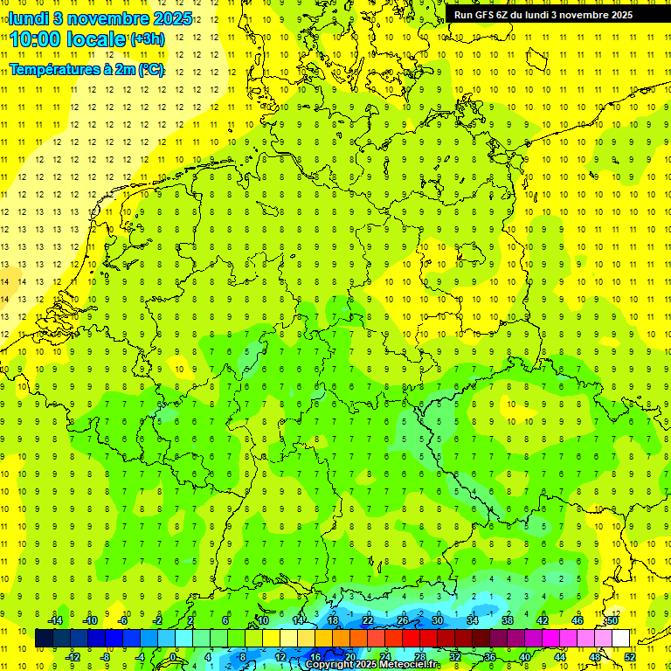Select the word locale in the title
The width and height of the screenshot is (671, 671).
[x=101, y=39]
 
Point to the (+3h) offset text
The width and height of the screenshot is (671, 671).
[x=147, y=39]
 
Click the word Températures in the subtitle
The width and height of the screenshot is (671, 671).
[x=54, y=70]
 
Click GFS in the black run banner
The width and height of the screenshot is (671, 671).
[x=484, y=15]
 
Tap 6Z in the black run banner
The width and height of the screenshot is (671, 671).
[x=504, y=15]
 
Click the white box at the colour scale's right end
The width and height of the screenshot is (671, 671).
[x=620, y=639]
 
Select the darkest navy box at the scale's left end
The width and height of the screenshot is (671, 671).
[x=44, y=639]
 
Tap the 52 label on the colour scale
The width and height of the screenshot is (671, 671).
[x=630, y=657]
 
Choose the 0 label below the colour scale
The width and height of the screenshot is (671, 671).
[x=173, y=657]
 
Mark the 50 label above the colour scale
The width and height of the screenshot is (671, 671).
[x=612, y=620]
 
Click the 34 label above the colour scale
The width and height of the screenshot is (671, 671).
[x=473, y=620]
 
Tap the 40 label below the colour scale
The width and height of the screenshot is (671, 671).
[x=525, y=657]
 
